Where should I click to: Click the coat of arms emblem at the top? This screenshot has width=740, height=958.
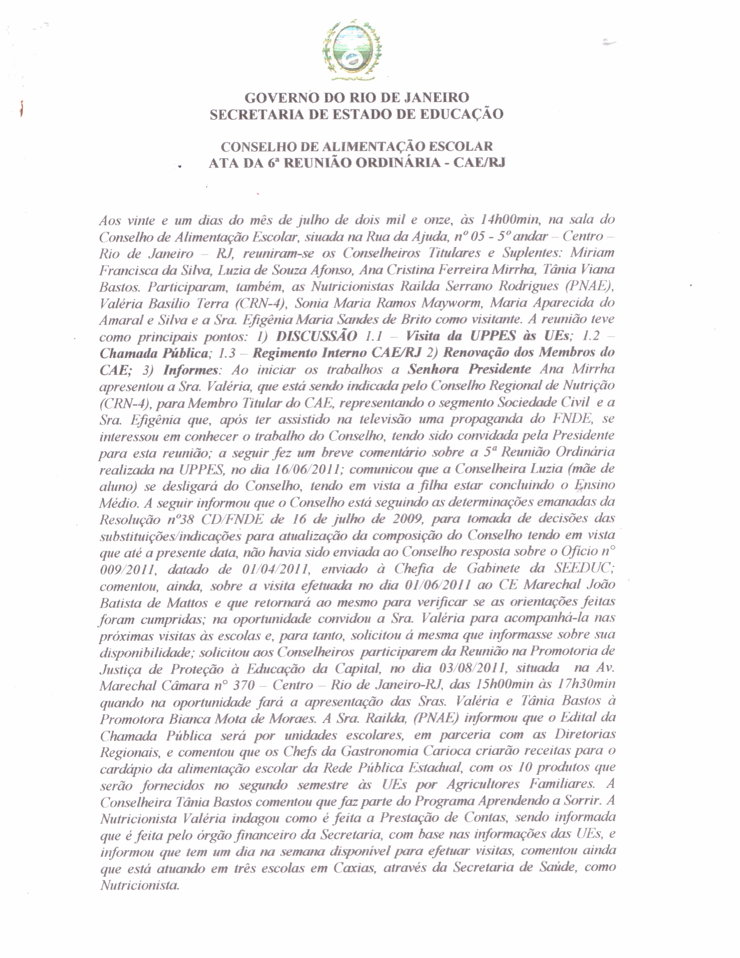click(352, 51)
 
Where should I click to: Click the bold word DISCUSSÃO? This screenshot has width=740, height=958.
click(317, 336)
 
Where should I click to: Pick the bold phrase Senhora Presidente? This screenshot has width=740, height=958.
click(470, 369)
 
